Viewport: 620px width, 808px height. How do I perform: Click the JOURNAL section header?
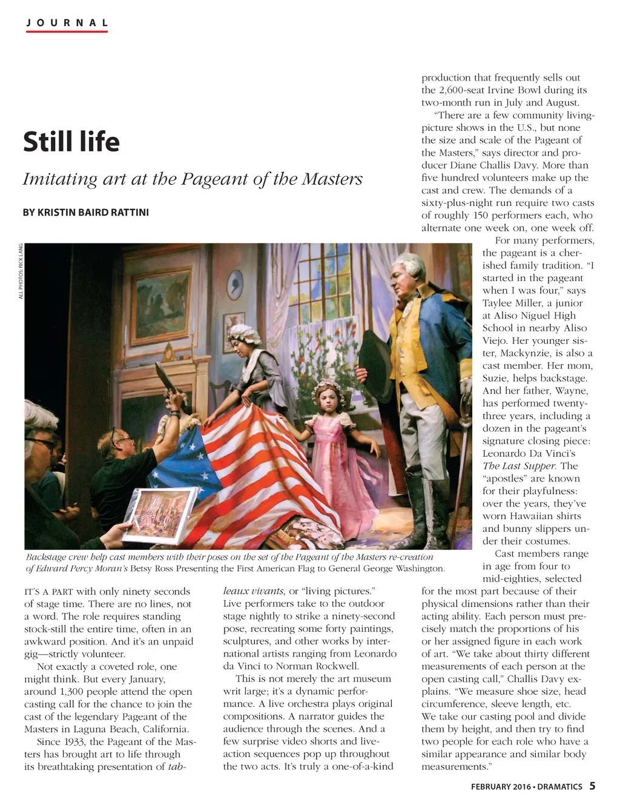point(67,23)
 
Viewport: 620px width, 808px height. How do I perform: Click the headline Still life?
point(71,142)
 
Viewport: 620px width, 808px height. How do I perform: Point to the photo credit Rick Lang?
point(21,254)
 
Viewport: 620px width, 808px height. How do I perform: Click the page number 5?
point(592,786)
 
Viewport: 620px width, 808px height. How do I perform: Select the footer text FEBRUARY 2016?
point(501,787)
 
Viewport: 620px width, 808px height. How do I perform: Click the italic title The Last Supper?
point(519,466)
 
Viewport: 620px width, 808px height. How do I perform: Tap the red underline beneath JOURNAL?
point(67,31)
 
